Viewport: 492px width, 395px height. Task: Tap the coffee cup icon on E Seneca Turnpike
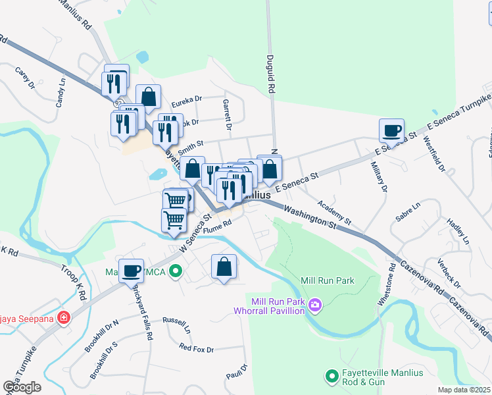coord(391,130)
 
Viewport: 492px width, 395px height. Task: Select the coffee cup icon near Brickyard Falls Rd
coord(131,269)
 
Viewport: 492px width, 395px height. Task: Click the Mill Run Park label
coord(328,280)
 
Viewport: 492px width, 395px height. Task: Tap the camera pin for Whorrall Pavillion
coord(315,304)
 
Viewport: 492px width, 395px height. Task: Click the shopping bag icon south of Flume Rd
coord(224,267)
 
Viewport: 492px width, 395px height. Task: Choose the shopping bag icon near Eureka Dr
coord(149,96)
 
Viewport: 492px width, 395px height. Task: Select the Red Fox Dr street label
coord(197,348)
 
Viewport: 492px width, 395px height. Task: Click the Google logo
coord(22,387)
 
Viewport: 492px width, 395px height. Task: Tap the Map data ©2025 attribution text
coord(464,390)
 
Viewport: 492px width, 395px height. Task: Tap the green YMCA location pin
coord(175,271)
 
